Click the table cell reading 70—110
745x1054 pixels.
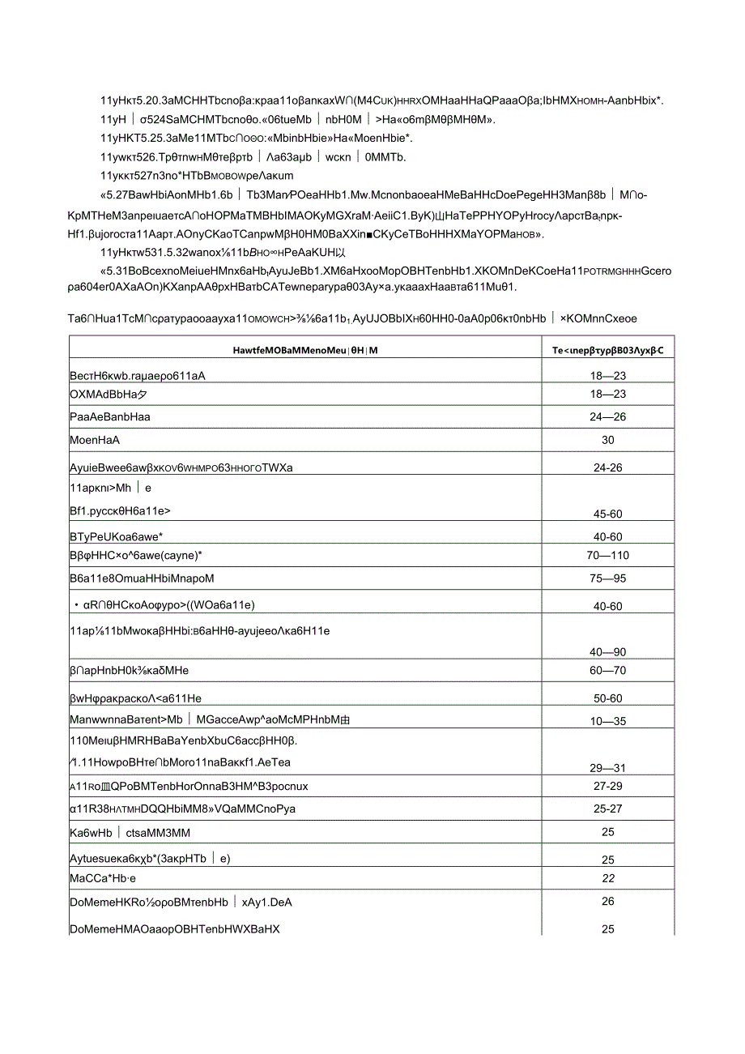point(608,555)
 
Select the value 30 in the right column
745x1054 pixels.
point(608,440)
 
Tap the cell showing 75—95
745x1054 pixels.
point(608,578)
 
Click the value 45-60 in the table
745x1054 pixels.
point(608,514)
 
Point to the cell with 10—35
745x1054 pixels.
point(608,719)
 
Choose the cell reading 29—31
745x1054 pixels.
point(608,767)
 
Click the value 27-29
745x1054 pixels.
point(608,786)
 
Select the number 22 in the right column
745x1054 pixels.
point(608,878)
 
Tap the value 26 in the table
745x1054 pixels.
point(608,901)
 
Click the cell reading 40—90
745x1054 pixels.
point(608,651)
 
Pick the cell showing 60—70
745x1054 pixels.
point(608,671)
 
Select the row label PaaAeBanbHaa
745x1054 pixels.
point(110,416)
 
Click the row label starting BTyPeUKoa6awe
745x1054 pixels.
point(118,536)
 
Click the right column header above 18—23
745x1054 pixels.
point(608,350)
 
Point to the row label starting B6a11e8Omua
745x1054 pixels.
point(143,578)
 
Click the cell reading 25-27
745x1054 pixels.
point(608,809)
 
